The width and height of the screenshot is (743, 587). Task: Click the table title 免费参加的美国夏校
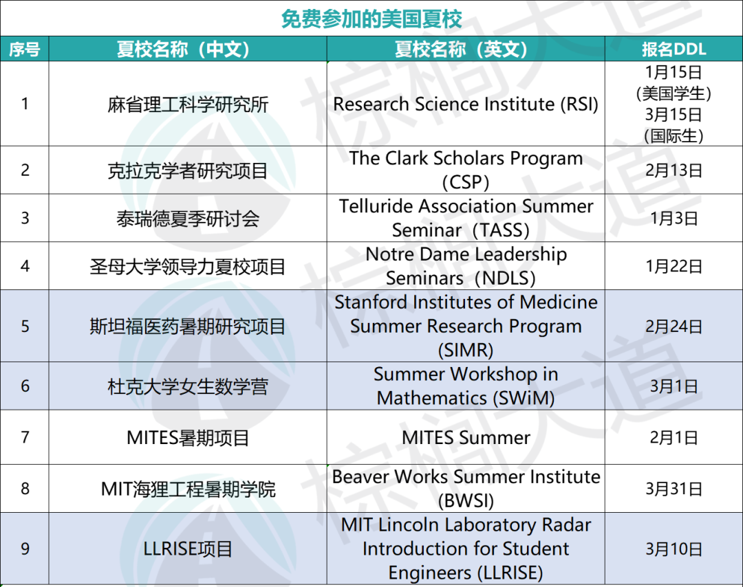[371, 19]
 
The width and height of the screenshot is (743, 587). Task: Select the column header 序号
[25, 49]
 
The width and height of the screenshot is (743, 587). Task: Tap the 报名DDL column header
[674, 49]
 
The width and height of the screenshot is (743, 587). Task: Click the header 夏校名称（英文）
[461, 49]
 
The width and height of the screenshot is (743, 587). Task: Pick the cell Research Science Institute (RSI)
[466, 104]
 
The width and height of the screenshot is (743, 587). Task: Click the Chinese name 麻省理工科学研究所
[188, 104]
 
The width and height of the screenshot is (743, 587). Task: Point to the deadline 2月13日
[674, 170]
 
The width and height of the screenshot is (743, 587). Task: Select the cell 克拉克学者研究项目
[188, 171]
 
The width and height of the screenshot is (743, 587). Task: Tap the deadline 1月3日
[674, 218]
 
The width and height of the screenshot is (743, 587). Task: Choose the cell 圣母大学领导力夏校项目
[188, 267]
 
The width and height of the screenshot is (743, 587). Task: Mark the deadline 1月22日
[674, 267]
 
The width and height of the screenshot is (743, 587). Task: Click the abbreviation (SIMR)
[466, 351]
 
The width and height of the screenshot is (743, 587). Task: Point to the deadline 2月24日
[674, 326]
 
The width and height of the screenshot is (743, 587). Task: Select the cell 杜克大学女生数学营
[188, 387]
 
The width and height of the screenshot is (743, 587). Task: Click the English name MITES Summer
[466, 438]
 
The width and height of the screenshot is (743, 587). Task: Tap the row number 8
[25, 489]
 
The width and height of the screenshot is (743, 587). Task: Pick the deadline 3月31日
[674, 489]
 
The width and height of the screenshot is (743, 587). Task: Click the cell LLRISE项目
[188, 549]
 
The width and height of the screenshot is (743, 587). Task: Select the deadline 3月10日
[674, 549]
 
